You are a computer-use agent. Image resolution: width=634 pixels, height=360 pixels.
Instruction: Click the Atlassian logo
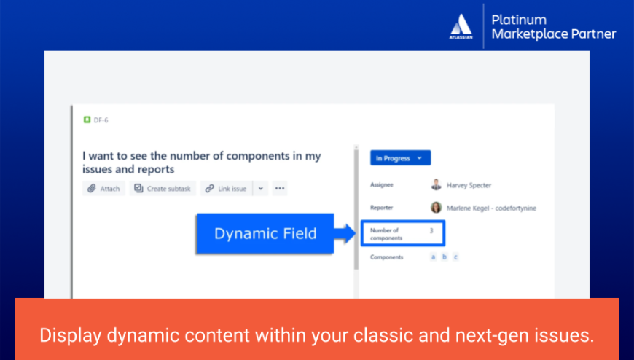(461, 27)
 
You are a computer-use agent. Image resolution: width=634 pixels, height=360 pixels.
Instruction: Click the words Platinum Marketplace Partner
(554, 26)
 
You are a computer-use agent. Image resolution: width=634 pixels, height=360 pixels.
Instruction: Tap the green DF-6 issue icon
(87, 120)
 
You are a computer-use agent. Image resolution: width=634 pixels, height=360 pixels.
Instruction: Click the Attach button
(103, 189)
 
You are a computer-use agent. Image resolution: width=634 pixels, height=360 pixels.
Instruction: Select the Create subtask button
(163, 189)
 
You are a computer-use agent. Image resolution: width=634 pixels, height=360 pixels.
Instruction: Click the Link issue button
(226, 189)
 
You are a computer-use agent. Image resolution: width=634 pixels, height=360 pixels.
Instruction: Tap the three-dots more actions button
(280, 189)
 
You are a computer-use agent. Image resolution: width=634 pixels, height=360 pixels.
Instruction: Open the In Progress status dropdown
(400, 158)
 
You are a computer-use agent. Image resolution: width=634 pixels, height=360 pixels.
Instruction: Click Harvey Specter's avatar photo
(436, 185)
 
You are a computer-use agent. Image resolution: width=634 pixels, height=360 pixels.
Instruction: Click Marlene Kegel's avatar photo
(436, 208)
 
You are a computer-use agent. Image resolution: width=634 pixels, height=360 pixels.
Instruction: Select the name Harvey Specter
(469, 185)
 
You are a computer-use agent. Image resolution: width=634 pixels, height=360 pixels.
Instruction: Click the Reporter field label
(382, 208)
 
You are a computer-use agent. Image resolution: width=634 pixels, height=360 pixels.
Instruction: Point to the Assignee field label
(383, 185)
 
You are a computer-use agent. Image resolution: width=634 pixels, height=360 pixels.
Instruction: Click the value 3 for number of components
(431, 231)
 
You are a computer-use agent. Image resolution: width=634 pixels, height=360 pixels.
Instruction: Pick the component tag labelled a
(433, 257)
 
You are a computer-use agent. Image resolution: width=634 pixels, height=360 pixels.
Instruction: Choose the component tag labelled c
(455, 257)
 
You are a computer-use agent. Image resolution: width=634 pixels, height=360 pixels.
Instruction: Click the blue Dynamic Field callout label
(265, 233)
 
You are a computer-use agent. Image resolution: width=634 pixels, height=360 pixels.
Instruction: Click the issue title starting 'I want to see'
(201, 163)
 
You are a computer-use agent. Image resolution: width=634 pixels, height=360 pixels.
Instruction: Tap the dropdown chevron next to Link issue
(261, 189)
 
